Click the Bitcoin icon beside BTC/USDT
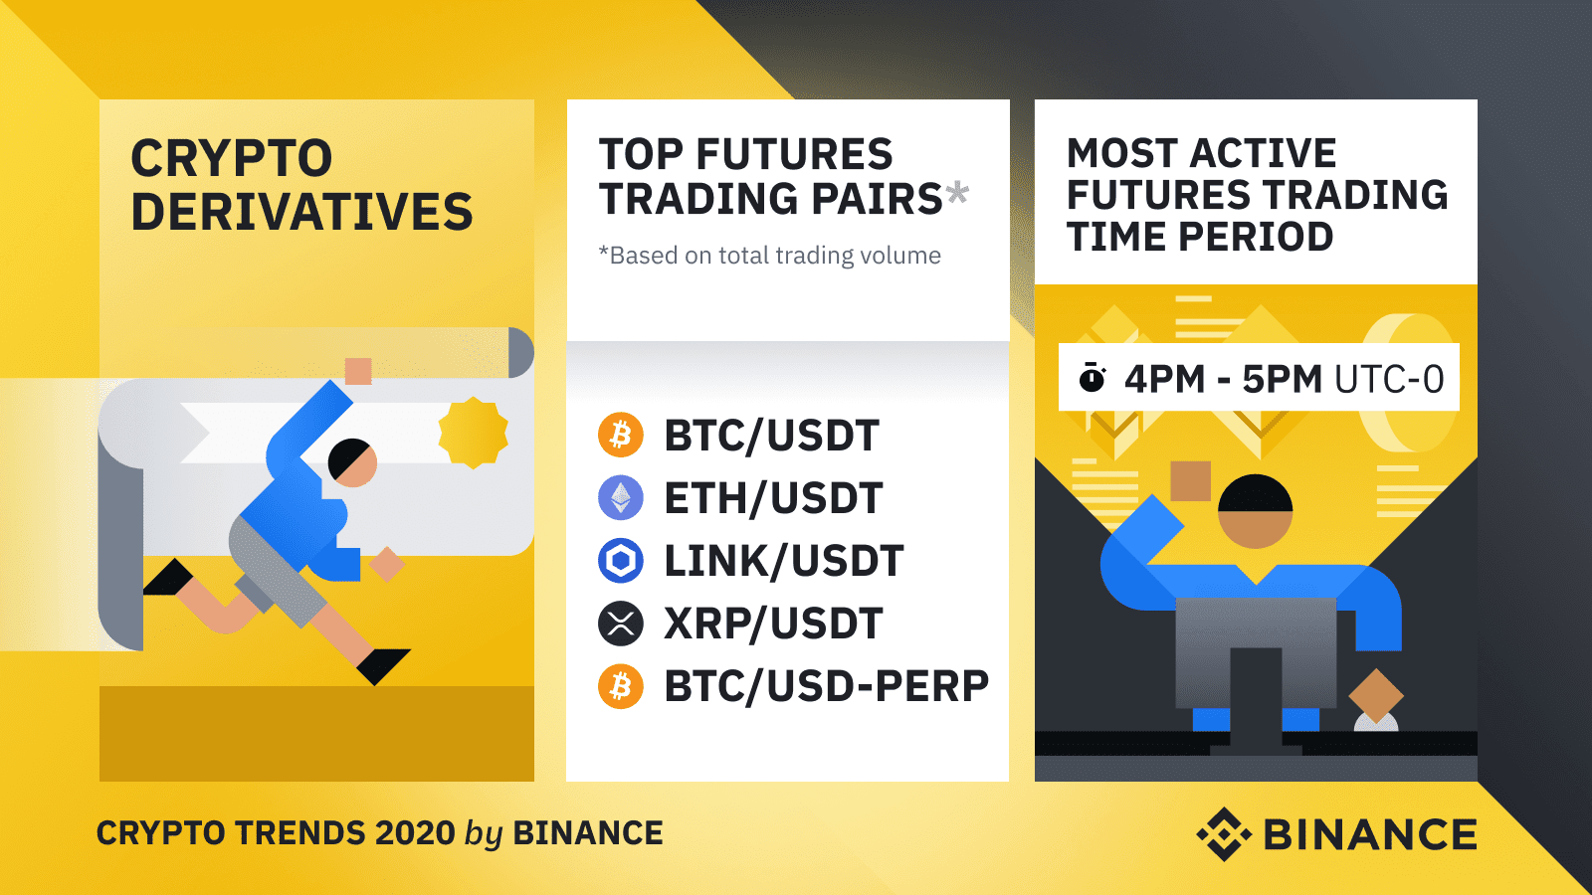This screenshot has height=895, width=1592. [621, 435]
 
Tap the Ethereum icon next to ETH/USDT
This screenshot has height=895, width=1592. [621, 497]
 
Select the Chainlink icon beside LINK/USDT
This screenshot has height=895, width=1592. [621, 561]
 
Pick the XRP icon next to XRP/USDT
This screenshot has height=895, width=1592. [621, 624]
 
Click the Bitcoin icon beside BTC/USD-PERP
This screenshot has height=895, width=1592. [621, 687]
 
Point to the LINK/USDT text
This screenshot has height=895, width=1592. [784, 561]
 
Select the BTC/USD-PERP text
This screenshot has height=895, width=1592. [827, 686]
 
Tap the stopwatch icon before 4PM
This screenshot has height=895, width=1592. [1092, 377]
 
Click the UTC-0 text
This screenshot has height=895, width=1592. [1389, 379]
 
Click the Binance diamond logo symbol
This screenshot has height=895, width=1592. [1224, 834]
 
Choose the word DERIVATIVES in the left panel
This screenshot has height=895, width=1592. [302, 212]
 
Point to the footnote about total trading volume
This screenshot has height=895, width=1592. [770, 255]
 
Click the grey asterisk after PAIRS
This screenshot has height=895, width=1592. [956, 192]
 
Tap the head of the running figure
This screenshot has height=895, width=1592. [352, 462]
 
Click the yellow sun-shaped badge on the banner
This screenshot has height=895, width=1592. [474, 433]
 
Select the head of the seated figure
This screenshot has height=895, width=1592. [1255, 511]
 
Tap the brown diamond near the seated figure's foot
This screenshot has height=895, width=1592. [1376, 695]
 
